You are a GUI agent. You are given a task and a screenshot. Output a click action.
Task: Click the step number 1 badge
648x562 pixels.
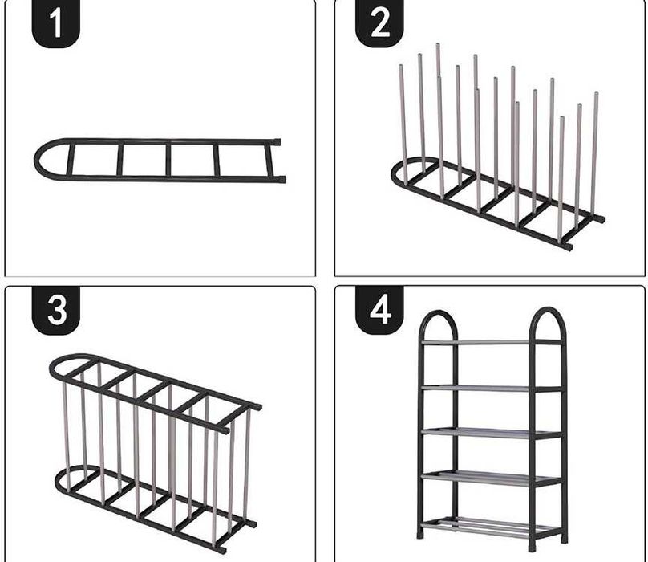56,22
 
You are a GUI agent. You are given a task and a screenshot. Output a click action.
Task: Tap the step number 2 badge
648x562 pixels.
380,22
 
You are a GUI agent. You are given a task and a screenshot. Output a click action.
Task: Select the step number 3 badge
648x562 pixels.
56,310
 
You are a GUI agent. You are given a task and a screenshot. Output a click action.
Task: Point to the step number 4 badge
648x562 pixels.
380,310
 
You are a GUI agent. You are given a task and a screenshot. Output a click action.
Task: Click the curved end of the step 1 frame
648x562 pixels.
37,160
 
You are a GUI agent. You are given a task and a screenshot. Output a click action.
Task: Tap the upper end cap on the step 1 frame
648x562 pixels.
277,141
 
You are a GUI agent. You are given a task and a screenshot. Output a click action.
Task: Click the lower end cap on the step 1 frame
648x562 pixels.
281,179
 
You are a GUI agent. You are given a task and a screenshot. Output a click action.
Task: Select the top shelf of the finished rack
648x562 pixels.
492,342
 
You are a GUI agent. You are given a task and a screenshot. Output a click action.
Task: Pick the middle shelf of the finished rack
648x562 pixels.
492,433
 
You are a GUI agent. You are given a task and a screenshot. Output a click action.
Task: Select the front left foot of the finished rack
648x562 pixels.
421,534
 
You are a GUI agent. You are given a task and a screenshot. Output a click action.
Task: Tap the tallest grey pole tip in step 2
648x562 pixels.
438,45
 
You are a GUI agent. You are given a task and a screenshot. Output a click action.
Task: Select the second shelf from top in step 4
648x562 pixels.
492,388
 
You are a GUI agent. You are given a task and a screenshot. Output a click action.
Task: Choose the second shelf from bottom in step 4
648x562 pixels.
492,477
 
